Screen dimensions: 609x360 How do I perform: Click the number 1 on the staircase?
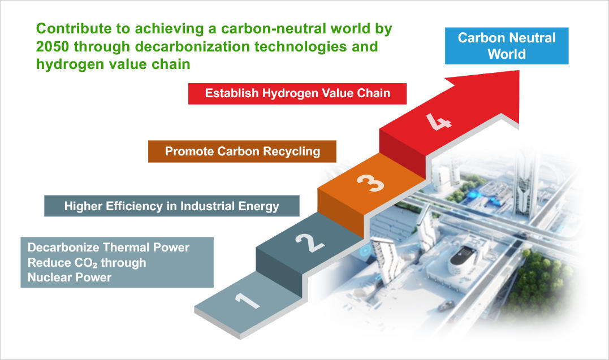(247, 301)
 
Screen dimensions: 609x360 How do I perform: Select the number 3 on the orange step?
(370, 183)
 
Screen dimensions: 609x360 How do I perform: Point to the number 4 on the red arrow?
(439, 122)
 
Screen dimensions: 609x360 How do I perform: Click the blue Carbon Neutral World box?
(507, 46)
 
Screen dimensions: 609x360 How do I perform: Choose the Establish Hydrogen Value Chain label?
(297, 94)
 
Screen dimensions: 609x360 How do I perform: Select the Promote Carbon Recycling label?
(242, 151)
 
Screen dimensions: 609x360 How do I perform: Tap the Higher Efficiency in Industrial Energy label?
(172, 206)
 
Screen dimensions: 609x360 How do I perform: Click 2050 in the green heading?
(53, 46)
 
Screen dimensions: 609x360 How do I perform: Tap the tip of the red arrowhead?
(519, 71)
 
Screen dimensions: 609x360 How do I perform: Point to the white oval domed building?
(464, 258)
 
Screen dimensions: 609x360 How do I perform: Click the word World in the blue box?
(507, 54)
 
